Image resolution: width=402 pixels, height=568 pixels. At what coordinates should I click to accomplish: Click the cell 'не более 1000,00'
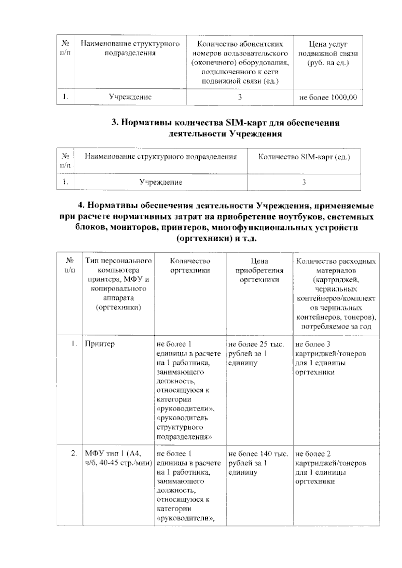coord(328,97)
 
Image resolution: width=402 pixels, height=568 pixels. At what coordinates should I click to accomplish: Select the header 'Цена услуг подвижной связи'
coord(328,53)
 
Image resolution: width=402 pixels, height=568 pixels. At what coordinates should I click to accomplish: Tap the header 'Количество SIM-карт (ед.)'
coord(304,157)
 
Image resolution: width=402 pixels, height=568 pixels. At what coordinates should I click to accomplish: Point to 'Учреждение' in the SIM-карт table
coord(161,182)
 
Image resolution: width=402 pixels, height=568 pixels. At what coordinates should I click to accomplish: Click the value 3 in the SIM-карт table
coord(304,183)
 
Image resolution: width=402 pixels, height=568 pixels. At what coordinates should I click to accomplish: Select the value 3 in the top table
coord(240,97)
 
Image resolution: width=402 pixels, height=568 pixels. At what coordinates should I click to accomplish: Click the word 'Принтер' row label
coord(100,344)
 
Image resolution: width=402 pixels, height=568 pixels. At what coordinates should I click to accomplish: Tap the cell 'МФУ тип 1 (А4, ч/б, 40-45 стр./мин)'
coord(118,458)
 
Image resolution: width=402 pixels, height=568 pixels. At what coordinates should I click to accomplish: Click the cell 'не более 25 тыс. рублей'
coord(256,353)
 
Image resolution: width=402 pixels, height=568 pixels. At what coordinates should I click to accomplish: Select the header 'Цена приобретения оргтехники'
coord(259,270)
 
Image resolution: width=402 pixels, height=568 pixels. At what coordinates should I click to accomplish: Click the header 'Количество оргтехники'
coord(190,266)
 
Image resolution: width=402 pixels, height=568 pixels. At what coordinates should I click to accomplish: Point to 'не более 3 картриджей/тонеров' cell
coord(331,358)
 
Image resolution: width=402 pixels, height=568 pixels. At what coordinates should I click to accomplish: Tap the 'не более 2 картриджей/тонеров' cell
coord(331,468)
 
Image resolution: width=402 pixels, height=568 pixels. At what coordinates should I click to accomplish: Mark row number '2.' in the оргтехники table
coord(74,453)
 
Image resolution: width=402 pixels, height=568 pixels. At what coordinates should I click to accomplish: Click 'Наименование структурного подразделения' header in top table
coord(130,49)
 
